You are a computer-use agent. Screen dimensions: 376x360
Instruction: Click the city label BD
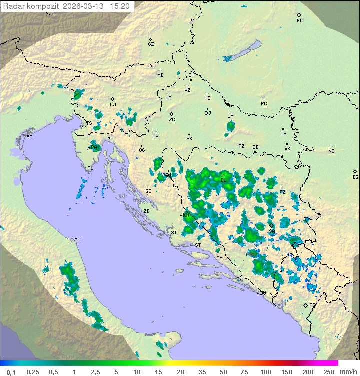point(299,21)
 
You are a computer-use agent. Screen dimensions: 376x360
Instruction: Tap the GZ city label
point(151,44)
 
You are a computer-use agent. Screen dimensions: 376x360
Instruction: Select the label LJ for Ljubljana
point(113,105)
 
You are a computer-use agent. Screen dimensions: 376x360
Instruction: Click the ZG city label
point(172,120)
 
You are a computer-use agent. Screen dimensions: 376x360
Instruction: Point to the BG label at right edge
point(355,177)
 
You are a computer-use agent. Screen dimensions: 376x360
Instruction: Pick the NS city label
point(331,151)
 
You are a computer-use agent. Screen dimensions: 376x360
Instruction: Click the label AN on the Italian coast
point(77,240)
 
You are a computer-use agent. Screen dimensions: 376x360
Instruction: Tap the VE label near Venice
point(29,136)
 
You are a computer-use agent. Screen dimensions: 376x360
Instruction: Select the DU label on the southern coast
point(263,293)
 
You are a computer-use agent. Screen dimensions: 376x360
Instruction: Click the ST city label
point(198,245)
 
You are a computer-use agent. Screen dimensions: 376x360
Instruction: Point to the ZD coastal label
point(146,212)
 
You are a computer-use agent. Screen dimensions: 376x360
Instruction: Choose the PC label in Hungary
point(264,104)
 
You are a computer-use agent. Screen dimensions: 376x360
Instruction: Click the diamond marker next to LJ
point(113,99)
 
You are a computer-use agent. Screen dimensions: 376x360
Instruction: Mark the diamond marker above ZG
point(171,114)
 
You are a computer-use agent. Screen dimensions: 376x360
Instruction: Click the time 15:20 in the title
point(120,6)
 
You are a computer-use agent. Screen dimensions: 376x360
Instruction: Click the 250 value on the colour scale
point(328,372)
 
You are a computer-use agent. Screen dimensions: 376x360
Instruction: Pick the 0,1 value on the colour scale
point(11,372)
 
